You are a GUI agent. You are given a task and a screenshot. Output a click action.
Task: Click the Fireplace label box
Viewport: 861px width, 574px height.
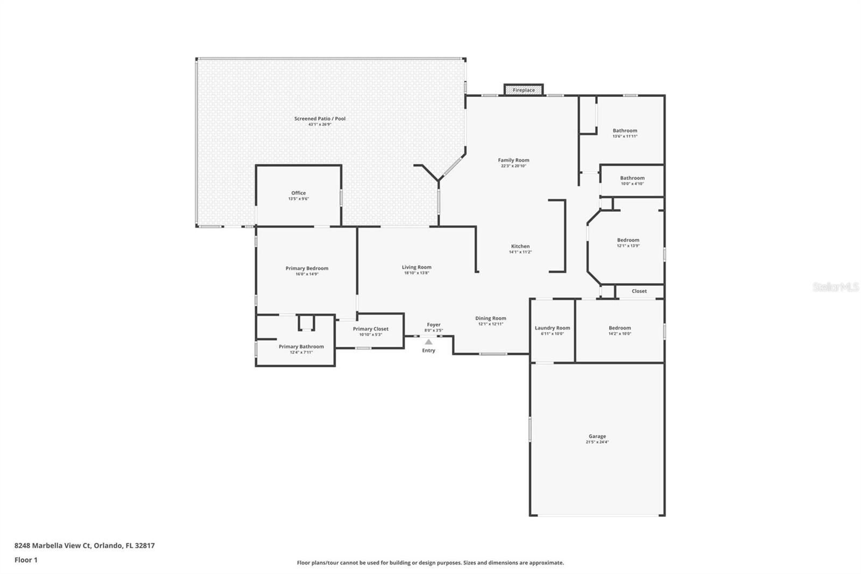[x=523, y=90]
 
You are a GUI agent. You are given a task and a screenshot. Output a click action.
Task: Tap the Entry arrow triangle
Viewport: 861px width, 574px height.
[x=428, y=342]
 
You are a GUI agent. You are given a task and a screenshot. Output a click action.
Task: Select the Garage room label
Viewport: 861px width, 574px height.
[x=597, y=436]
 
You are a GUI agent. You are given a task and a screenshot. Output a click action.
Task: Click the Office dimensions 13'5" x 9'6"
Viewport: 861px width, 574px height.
[x=298, y=199]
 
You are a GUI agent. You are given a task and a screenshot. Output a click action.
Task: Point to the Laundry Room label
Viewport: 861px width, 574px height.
[x=552, y=328]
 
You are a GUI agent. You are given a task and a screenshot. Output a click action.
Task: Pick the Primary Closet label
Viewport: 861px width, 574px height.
[x=370, y=329]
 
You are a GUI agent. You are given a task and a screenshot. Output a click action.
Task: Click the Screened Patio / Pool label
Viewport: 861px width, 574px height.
[x=320, y=118]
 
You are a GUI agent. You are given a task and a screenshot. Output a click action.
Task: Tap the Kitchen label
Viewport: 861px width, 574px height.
[x=520, y=246]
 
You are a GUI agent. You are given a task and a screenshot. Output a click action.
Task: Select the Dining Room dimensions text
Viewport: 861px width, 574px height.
[x=490, y=324]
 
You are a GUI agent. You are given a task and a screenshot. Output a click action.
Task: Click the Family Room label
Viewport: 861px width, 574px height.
[x=513, y=160]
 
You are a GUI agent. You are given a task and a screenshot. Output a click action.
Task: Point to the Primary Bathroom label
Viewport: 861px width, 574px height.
[x=301, y=347]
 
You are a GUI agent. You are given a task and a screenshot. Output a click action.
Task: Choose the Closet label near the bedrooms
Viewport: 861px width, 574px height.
[x=639, y=291]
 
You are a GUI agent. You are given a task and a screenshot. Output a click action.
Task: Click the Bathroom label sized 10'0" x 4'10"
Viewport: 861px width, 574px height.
[x=632, y=178]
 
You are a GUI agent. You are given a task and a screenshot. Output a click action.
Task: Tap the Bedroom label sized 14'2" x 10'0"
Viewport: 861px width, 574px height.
[x=619, y=328]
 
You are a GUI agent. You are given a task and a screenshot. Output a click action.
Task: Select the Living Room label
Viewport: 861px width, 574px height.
[x=417, y=267]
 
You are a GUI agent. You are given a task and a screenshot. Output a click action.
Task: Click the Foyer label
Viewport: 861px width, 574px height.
[x=434, y=325]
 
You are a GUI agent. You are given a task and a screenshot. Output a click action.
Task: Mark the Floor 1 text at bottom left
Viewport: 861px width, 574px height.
[x=26, y=560]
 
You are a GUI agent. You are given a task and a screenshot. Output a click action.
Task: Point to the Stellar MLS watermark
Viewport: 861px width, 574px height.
[x=835, y=288]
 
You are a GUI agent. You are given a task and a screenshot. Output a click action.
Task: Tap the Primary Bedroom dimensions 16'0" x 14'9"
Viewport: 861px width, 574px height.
[x=307, y=274]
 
